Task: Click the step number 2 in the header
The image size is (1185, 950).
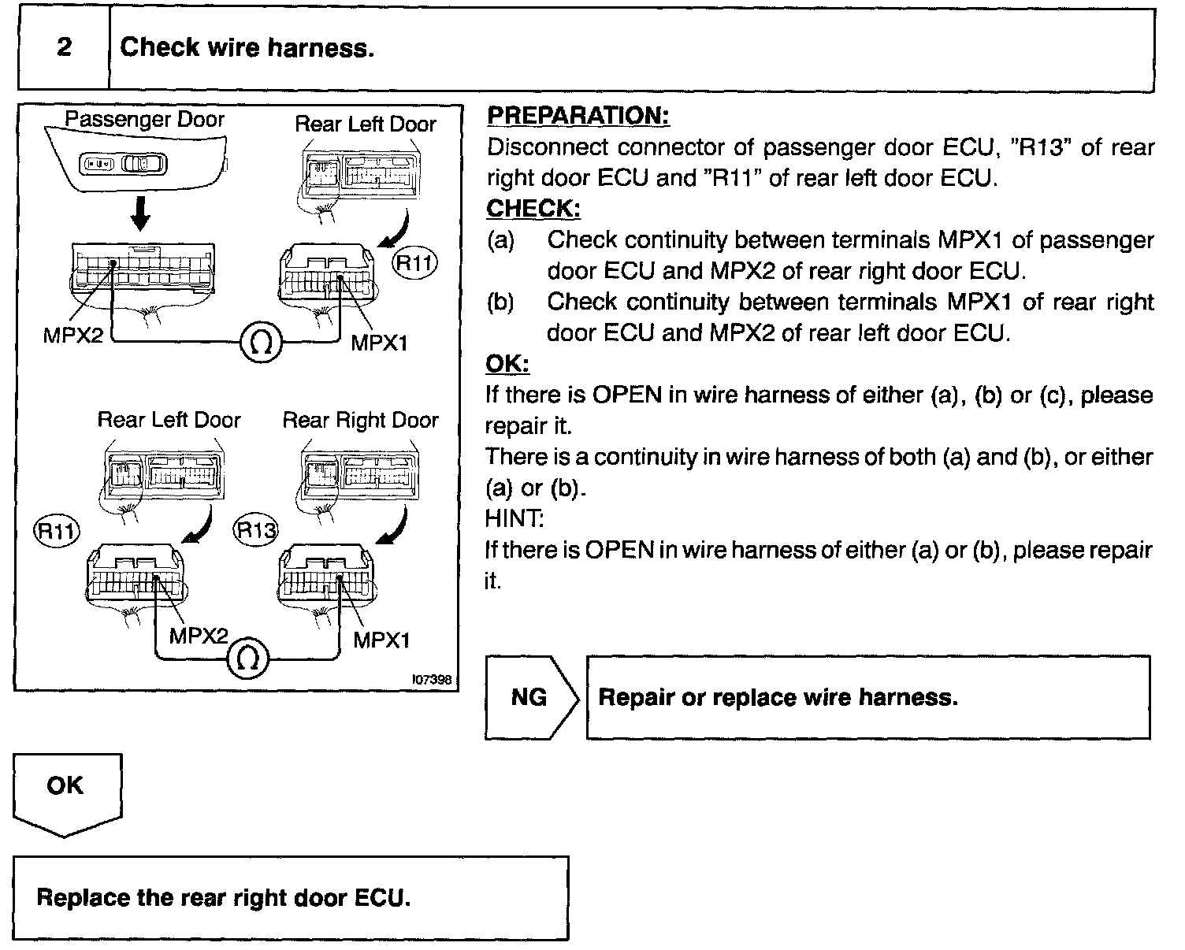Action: [x=64, y=47]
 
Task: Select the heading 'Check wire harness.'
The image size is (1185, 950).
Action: [x=247, y=48]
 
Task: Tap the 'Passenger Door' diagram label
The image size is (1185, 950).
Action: [x=144, y=120]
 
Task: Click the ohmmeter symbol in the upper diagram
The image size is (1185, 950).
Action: [x=260, y=342]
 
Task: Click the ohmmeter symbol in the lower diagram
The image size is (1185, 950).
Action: [x=248, y=659]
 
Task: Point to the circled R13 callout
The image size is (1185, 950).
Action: [x=257, y=529]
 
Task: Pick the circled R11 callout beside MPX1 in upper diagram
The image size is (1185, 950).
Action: [x=414, y=263]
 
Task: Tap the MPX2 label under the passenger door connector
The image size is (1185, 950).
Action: [x=73, y=336]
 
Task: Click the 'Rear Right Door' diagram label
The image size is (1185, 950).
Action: [x=360, y=420]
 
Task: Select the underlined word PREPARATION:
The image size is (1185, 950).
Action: [x=578, y=116]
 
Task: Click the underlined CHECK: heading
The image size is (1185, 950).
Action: [x=533, y=209]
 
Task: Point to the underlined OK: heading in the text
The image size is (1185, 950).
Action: [x=507, y=364]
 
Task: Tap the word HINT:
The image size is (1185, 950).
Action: [x=514, y=518]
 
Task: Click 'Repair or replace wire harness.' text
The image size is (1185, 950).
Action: [x=778, y=697]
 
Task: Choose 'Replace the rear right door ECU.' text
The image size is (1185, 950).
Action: [x=224, y=898]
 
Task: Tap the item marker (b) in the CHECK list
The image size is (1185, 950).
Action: [x=501, y=302]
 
